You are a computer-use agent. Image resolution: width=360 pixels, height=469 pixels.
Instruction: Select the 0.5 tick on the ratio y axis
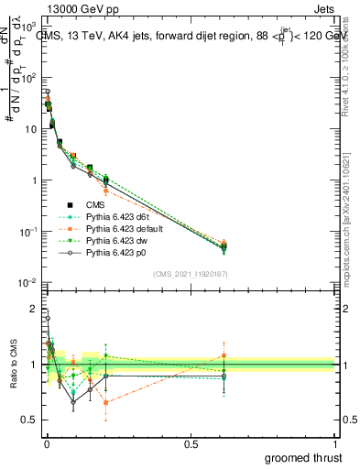click(x=31, y=420)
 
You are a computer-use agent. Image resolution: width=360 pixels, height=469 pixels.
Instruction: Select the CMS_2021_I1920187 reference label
click(x=190, y=273)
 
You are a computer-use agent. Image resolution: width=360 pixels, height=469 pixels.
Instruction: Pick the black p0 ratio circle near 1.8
click(x=48, y=319)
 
